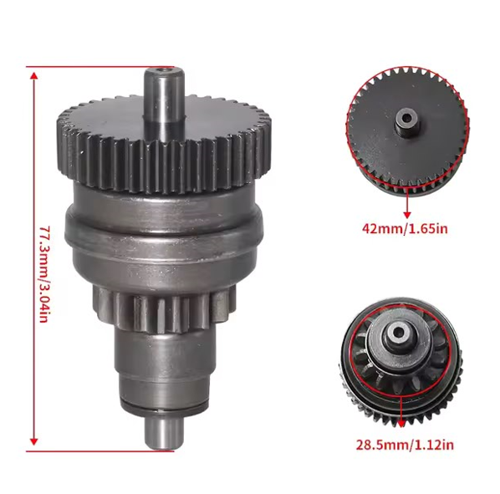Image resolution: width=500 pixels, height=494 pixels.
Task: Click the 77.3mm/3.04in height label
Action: point(45,274)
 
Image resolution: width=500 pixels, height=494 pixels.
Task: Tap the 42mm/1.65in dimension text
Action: point(405,229)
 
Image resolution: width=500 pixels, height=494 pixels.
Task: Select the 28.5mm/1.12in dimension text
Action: point(405,445)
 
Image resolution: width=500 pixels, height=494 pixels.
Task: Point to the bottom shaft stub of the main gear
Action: point(164,434)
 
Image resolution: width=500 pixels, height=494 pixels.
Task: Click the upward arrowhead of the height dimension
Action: point(33,76)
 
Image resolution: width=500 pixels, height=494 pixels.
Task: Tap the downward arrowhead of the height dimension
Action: point(33,441)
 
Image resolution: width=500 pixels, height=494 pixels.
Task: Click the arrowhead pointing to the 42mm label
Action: point(406,215)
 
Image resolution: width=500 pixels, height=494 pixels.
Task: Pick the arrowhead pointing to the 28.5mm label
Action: point(402,424)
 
